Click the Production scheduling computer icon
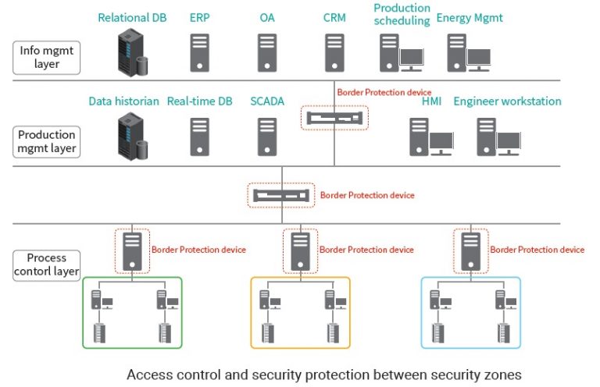coord(401,53)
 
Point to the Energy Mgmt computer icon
coord(468,53)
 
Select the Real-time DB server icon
coord(200,137)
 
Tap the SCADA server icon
coord(267,137)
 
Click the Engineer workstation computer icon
coord(498,137)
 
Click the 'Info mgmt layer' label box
coord(47,57)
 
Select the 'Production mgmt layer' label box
coord(47,141)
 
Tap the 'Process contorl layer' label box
coord(47,265)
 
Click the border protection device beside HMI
coord(334,118)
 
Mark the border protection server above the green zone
coord(132,250)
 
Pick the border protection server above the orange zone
coord(300,250)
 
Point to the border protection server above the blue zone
coord(470,250)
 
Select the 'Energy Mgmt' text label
coord(470,17)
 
